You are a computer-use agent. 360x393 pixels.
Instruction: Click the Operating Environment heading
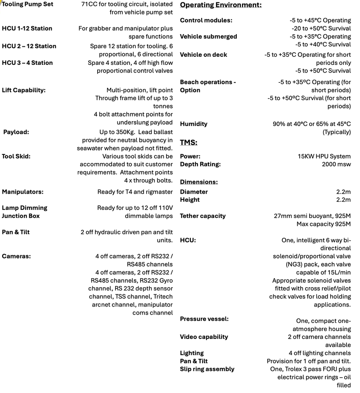point(220,5)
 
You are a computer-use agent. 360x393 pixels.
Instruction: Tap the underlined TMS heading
point(189,143)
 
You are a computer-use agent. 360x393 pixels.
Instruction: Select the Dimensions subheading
point(198,182)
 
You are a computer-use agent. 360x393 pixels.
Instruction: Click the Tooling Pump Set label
point(27,4)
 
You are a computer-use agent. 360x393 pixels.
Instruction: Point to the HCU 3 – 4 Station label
point(27,63)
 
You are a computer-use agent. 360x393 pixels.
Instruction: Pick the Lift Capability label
point(23,90)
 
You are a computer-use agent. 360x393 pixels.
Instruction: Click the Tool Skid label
point(17,157)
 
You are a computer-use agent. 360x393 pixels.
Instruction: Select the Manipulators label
point(22,192)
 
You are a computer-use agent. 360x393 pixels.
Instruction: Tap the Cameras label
point(16,256)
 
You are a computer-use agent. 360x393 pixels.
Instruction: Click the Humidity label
point(194,124)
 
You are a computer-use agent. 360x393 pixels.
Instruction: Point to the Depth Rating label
point(200,164)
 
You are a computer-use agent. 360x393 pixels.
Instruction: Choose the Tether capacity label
point(203,216)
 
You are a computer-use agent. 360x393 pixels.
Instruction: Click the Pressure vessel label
point(204,319)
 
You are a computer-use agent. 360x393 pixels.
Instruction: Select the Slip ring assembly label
point(207,369)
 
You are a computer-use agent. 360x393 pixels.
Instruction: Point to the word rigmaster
point(158,192)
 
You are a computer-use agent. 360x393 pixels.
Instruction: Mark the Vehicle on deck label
point(203,55)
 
